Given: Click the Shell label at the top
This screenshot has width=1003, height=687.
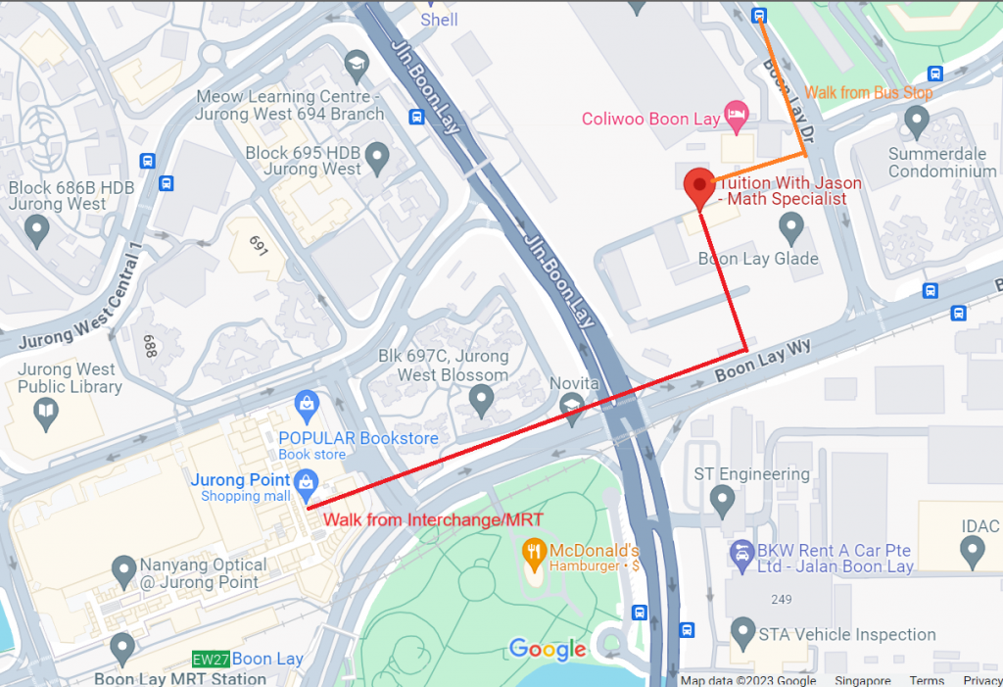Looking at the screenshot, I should pos(439,20).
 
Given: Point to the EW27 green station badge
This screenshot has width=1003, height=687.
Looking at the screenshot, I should pos(211,660).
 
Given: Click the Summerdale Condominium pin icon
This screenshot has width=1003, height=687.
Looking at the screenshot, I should pos(917,122).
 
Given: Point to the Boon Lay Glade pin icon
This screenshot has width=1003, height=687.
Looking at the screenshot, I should pos(791,228).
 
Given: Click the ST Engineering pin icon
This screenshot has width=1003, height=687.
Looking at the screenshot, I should pos(723,504).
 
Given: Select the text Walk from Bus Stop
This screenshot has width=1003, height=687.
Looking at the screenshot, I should pos(869,93).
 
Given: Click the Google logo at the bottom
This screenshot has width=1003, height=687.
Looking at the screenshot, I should pos(548,649).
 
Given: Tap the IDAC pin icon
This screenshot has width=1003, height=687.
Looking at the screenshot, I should pos(973,554).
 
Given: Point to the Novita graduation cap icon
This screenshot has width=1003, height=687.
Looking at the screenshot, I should pos(572,405).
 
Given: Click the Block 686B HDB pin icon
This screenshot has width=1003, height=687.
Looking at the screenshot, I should pos(37,231).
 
